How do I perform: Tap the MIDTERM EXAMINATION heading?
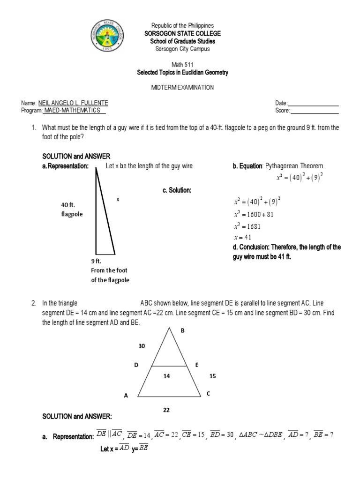click(182, 87)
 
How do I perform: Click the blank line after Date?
click(313, 103)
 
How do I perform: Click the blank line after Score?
click(315, 111)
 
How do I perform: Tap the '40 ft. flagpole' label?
click(72, 210)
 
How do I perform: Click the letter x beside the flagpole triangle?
click(118, 199)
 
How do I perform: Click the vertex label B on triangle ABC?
click(183, 330)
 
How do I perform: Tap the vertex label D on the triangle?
click(136, 365)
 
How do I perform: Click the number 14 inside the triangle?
click(166, 376)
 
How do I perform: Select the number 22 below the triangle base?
click(166, 410)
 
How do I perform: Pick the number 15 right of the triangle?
click(213, 376)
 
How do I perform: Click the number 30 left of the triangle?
click(142, 346)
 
